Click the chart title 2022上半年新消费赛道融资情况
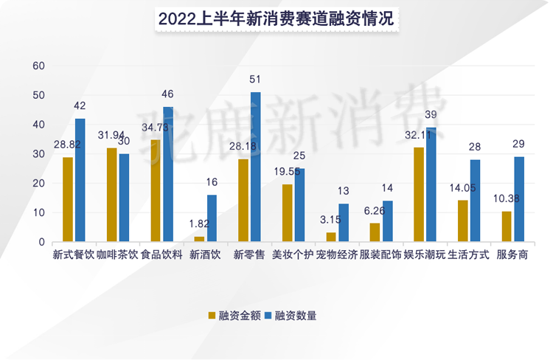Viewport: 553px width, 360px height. (276, 20)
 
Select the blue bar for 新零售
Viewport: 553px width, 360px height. (255, 167)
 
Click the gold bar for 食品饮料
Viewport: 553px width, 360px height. (156, 190)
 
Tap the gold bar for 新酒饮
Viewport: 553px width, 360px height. (199, 239)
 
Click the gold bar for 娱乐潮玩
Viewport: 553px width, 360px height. (419, 195)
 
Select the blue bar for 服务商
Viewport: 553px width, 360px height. (518, 199)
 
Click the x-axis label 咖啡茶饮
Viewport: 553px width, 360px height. (118, 255)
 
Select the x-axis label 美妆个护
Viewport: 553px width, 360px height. (293, 255)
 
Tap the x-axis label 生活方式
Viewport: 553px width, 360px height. (468, 255)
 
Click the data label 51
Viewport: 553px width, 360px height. (255, 80)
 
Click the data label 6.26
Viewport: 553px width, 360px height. (375, 211)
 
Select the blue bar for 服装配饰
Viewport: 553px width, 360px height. (387, 221)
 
